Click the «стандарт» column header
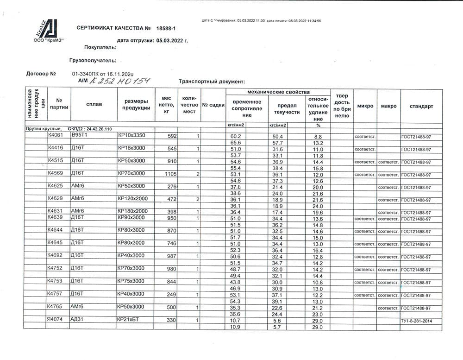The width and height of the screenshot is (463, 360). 421,106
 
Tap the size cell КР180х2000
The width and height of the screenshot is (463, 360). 132,211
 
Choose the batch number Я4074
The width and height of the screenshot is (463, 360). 55,320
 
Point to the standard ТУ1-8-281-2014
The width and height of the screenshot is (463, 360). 419,321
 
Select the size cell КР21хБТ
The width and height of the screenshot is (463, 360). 129,320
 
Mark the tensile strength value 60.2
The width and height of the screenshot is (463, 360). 236,137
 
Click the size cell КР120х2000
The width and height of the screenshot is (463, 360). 132,198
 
